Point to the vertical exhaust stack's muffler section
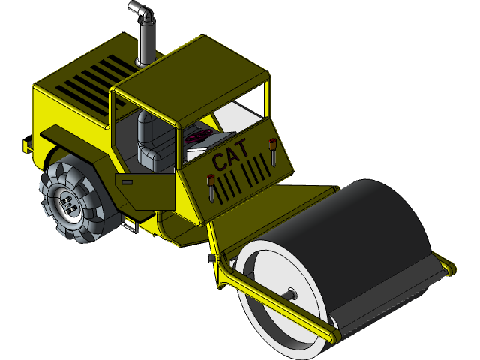[x=145, y=41]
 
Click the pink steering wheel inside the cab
[x=197, y=137]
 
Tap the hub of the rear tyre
[x=67, y=203]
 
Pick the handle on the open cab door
[x=127, y=181]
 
